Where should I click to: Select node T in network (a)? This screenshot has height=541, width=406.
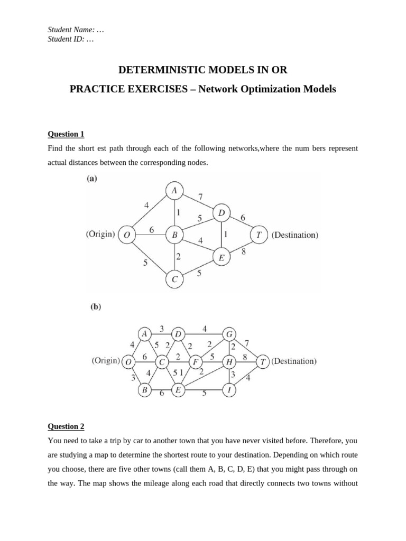pyautogui.click(x=259, y=235)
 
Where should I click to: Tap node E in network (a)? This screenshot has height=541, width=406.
pyautogui.click(x=221, y=258)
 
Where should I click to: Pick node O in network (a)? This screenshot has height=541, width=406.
pyautogui.click(x=126, y=235)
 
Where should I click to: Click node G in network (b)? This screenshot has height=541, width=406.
pyautogui.click(x=229, y=334)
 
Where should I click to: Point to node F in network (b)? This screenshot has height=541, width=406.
pyautogui.click(x=196, y=362)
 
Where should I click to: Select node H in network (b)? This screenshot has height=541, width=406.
pyautogui.click(x=229, y=362)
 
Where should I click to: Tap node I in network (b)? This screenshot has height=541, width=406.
pyautogui.click(x=229, y=390)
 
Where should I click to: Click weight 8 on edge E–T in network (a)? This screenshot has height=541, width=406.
pyautogui.click(x=244, y=252)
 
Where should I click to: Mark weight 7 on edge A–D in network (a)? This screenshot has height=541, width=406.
pyautogui.click(x=200, y=197)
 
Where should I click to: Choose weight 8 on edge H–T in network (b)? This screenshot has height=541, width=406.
pyautogui.click(x=245, y=357)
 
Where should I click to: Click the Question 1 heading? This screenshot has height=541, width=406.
pyautogui.click(x=66, y=134)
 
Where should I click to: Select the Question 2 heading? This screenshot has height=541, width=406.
pyautogui.click(x=66, y=426)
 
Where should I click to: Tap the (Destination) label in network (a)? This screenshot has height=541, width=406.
pyautogui.click(x=295, y=235)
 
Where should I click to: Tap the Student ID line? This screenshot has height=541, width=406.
pyautogui.click(x=71, y=39)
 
